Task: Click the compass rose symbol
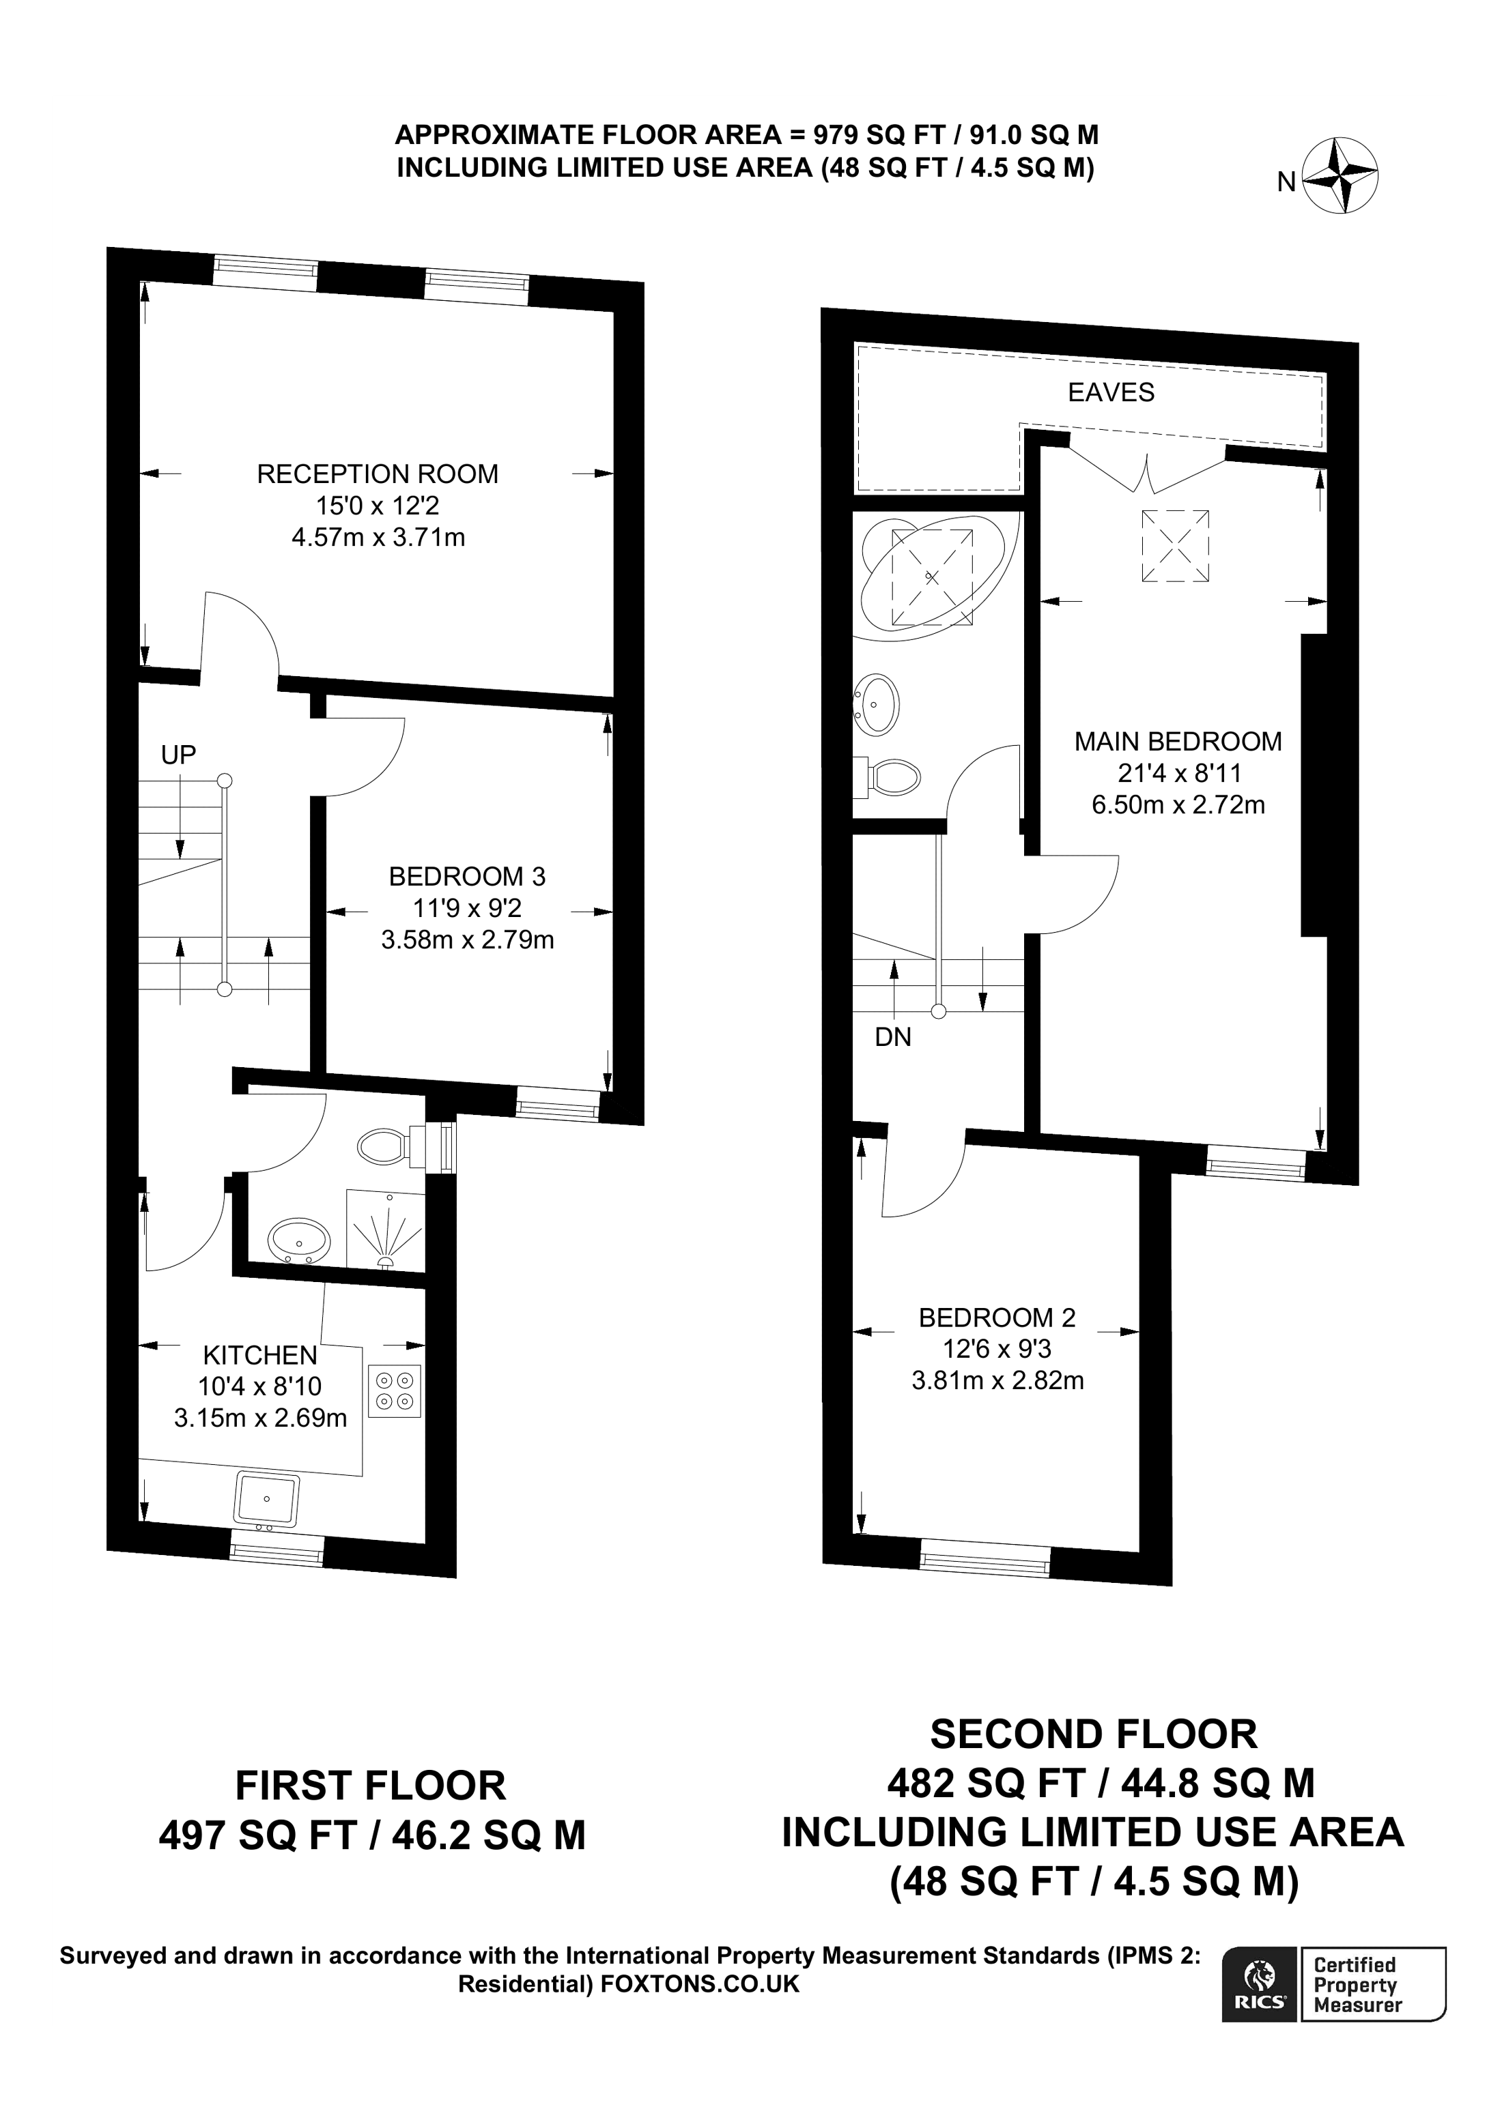click(x=1340, y=177)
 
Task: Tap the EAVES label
click(x=1111, y=392)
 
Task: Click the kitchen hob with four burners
click(x=394, y=1391)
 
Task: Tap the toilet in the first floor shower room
click(x=382, y=1147)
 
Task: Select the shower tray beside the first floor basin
click(x=385, y=1230)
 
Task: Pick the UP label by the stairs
click(x=179, y=755)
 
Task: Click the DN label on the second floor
click(x=893, y=1037)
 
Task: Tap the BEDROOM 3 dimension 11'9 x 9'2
click(x=468, y=907)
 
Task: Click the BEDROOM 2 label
click(x=997, y=1318)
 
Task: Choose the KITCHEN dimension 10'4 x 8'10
click(x=260, y=1386)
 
